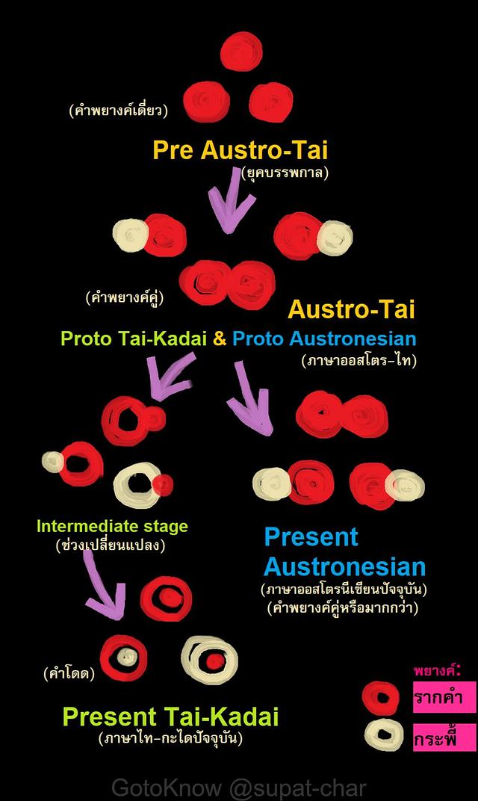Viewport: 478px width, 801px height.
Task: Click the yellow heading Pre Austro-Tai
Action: tap(240, 150)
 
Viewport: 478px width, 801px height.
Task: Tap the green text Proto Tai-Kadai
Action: tap(134, 338)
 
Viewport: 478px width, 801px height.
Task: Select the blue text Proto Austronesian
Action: tap(324, 338)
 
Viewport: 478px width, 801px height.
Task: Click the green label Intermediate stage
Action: tap(112, 526)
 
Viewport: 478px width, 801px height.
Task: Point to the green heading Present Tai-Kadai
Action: tap(170, 717)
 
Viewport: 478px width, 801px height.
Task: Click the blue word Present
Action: tap(311, 537)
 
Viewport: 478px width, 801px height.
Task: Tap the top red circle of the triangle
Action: tap(241, 52)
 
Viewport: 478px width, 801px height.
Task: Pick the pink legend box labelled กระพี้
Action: tap(444, 737)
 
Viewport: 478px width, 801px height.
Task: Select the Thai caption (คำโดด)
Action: tap(69, 674)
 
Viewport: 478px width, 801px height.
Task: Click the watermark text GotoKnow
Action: tap(167, 788)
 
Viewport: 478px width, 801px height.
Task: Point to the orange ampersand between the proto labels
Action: tap(220, 338)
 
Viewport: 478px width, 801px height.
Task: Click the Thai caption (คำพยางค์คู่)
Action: tap(125, 297)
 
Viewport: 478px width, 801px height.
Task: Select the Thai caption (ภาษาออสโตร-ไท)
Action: tap(359, 361)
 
